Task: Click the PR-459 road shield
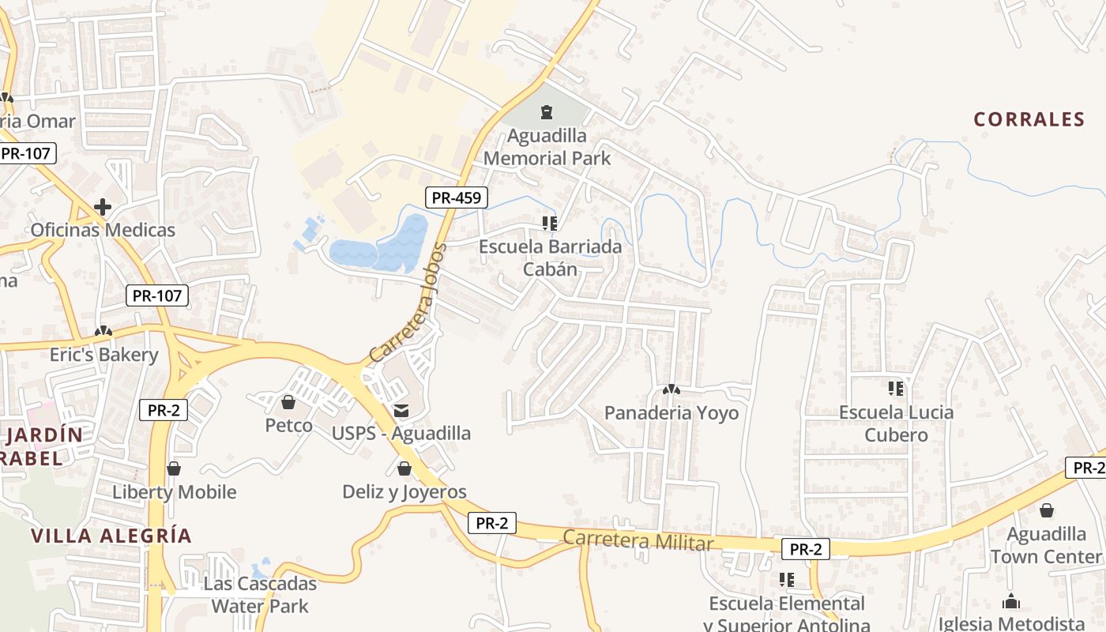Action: coord(457,197)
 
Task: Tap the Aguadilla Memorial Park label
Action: coord(547,147)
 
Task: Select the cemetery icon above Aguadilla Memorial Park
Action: coord(547,112)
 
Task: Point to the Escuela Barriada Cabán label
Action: coord(551,258)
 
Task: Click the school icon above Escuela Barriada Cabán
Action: coord(550,224)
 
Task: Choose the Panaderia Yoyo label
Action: coord(671,413)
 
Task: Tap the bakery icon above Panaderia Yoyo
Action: coord(671,389)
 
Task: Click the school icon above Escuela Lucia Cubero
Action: coord(896,389)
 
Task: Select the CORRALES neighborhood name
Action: coord(1029,119)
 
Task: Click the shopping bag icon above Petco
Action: coord(288,403)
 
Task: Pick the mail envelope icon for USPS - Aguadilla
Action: coord(401,410)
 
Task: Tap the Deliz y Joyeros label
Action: coord(404,492)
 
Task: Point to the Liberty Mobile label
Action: coord(175,492)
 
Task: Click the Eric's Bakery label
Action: coord(104,355)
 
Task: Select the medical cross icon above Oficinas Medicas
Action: coord(103,207)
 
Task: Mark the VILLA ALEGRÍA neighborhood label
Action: coord(111,536)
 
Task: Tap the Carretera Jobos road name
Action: coord(408,303)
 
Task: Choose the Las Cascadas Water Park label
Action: coord(260,595)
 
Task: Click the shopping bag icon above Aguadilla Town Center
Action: coord(1047,511)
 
